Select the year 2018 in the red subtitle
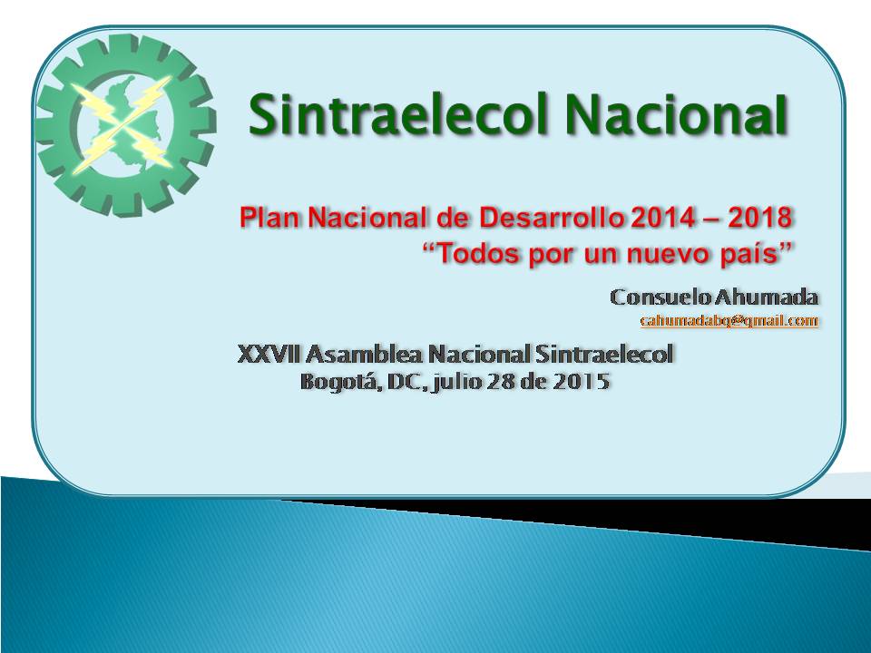click(760, 217)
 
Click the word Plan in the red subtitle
click(270, 217)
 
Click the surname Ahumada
click(766, 297)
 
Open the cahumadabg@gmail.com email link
click(729, 320)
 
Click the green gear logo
click(125, 124)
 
